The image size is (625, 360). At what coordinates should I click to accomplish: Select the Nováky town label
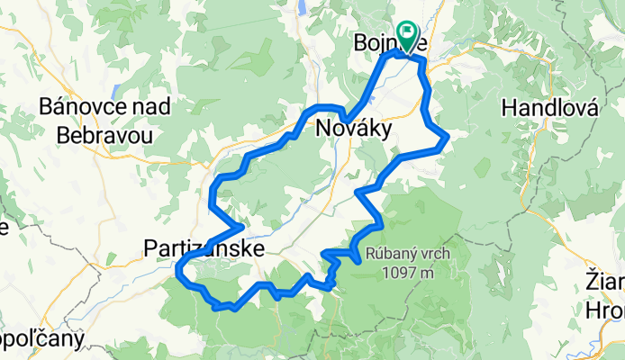[354, 130]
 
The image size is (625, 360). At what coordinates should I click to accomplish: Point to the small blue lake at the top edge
[301, 8]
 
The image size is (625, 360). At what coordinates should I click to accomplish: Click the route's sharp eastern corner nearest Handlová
[447, 137]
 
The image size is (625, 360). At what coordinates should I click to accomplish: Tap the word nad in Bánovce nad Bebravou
[158, 107]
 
